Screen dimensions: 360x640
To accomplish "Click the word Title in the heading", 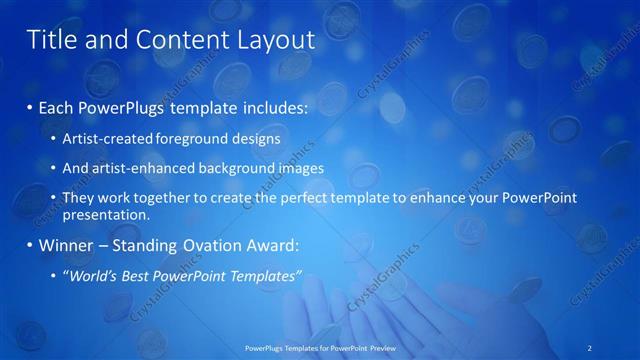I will (49, 40).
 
